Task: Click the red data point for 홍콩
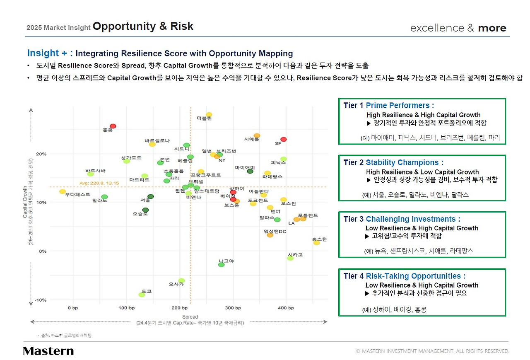(113, 126)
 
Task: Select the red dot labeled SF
(283, 139)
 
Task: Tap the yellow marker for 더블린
(209, 114)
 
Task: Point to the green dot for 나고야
(221, 265)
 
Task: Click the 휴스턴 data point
(316, 243)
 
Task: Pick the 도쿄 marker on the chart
(142, 295)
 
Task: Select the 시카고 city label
(295, 254)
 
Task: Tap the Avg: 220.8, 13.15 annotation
(99, 183)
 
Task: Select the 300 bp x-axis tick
(233, 308)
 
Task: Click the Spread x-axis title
(190, 317)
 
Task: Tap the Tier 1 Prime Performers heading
(388, 106)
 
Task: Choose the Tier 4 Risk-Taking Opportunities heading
(404, 276)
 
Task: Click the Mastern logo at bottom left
(48, 351)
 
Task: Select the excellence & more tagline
(458, 28)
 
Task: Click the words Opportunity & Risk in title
(143, 27)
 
